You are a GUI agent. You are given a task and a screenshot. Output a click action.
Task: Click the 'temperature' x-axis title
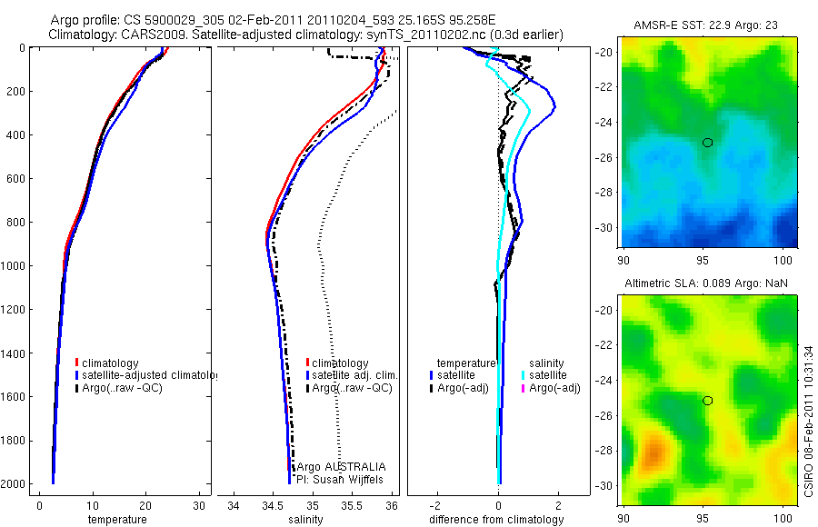116,520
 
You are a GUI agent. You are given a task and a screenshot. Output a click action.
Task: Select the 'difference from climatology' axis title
496,520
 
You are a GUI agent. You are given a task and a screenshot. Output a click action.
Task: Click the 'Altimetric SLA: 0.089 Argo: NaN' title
706,284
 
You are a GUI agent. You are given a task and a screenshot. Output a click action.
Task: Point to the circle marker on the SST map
707,142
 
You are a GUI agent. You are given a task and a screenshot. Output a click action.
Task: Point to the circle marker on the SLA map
707,401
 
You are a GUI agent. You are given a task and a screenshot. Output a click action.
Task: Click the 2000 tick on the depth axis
15,484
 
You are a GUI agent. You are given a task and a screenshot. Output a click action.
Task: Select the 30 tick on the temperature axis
199,504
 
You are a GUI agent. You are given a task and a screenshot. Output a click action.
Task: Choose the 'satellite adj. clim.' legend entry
354,375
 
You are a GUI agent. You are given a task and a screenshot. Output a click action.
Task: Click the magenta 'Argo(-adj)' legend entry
554,388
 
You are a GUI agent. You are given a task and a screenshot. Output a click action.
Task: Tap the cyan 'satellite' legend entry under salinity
548,375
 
